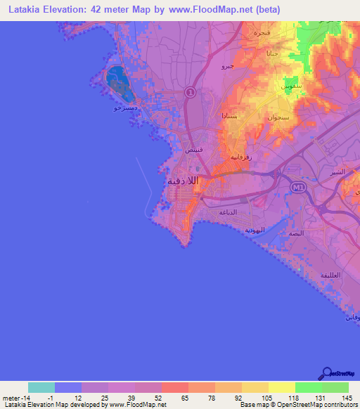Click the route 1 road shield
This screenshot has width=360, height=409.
pyautogui.click(x=190, y=92)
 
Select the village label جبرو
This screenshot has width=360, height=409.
pyautogui.click(x=227, y=66)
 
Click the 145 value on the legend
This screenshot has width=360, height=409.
pyautogui.click(x=347, y=398)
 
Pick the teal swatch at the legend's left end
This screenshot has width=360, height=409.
pyautogui.click(x=41, y=387)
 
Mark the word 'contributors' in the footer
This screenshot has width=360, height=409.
pyautogui.click(x=338, y=405)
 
